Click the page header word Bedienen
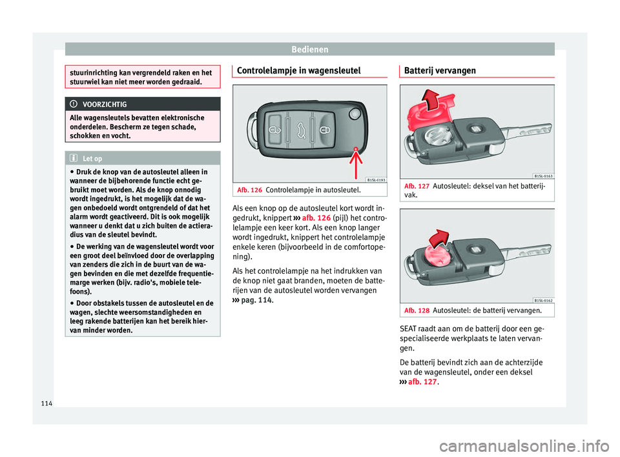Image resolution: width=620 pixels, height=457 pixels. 309,48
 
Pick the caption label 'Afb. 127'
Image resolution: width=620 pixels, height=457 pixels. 416,186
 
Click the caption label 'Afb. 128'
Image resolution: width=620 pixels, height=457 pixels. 416,310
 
